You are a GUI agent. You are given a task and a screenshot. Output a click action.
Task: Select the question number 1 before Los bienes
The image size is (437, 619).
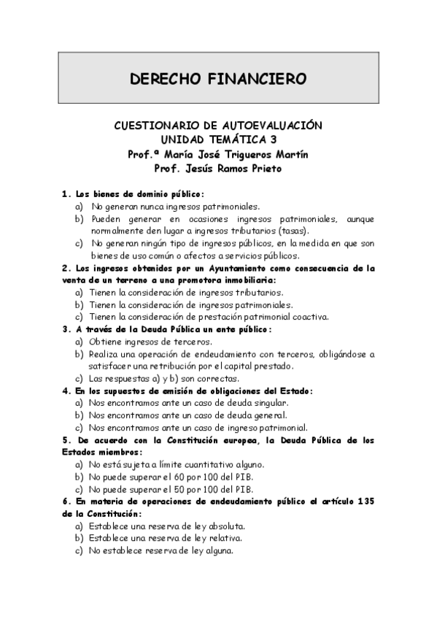(65, 193)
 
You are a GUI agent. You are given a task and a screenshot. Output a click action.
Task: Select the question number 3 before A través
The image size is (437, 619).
(65, 329)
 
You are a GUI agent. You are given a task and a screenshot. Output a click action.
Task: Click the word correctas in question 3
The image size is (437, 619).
(217, 379)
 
